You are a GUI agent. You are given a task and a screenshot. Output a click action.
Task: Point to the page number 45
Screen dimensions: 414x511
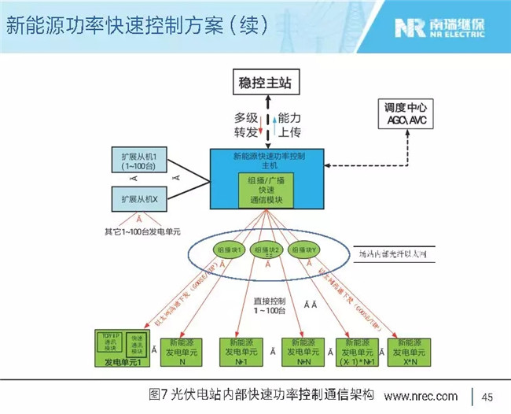(x=487, y=395)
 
